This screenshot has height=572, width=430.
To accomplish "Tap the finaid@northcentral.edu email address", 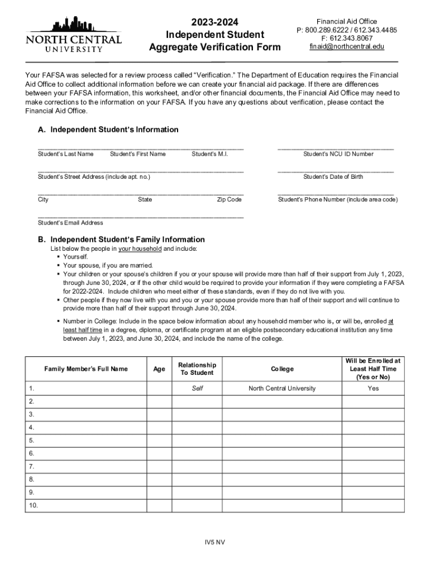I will click(347, 46).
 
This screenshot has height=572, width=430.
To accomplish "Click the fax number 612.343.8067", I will click(347, 38).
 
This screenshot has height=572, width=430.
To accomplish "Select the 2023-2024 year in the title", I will click(215, 22).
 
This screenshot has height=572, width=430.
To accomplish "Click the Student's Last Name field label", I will click(65, 154).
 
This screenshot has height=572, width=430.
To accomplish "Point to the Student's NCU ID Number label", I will click(338, 154).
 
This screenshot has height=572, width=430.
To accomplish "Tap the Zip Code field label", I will click(229, 199).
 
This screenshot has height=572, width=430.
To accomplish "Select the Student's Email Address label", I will click(70, 223).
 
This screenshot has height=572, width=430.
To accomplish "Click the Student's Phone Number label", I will click(338, 199).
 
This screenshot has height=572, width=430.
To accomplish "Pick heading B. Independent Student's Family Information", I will click(121, 240).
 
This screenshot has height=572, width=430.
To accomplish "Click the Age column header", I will click(159, 369).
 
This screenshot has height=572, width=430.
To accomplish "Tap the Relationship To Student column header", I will click(197, 369).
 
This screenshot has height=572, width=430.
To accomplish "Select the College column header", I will click(282, 369).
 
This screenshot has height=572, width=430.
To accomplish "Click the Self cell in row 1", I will click(197, 389).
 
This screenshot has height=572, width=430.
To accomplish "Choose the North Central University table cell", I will click(282, 389).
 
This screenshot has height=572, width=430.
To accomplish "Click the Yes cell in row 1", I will click(373, 389).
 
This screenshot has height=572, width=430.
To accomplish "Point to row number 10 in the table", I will click(32, 506).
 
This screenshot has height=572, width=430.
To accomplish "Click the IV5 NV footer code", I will click(215, 542).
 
